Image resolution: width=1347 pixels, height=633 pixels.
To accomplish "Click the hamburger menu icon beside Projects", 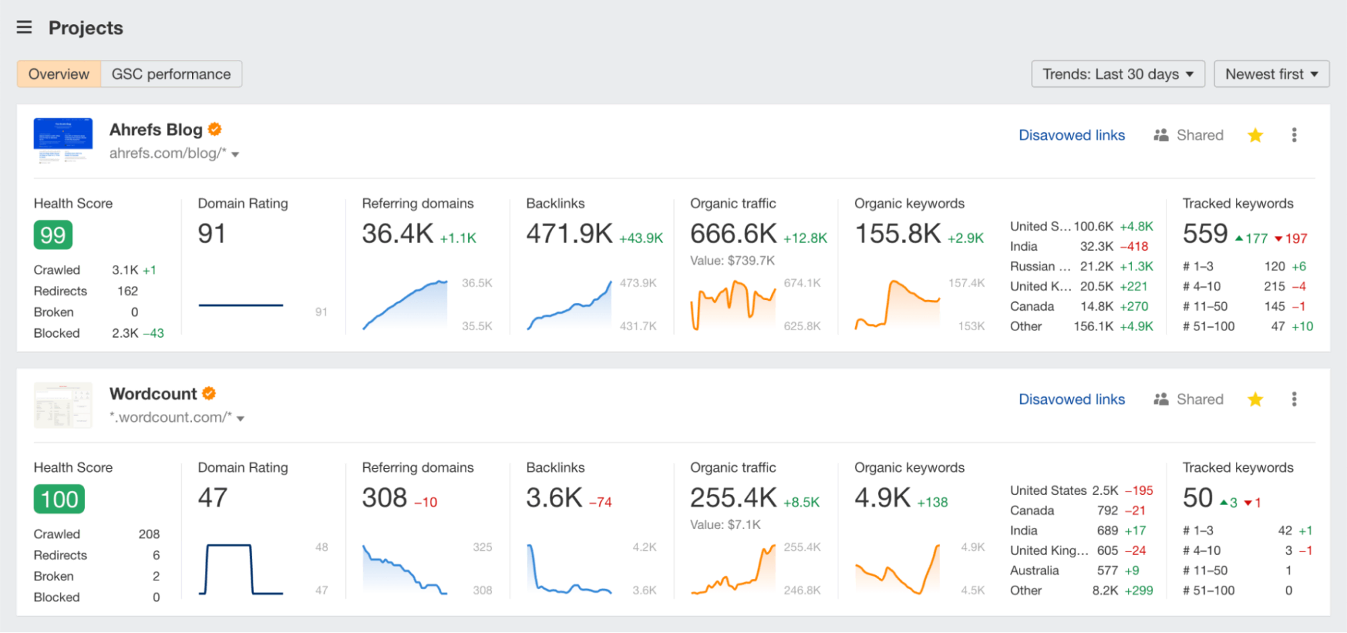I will (x=24, y=27).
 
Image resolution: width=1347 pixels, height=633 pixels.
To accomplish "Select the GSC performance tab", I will (x=171, y=74).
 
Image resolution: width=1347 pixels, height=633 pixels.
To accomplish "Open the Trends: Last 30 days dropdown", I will (x=1117, y=74).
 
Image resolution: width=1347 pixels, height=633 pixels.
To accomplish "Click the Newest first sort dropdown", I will (x=1271, y=74).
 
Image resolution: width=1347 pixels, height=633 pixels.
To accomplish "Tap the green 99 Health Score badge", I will (x=53, y=235).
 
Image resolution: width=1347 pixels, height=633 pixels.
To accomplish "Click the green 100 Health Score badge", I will (x=59, y=500).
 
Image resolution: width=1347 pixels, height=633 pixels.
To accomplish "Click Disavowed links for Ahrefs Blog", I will (x=1071, y=135).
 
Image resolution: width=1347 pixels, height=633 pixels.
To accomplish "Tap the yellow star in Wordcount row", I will (x=1255, y=400).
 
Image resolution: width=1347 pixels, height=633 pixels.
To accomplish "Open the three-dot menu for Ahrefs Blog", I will (x=1294, y=135).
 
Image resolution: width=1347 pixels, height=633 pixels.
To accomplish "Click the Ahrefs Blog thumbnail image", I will (x=63, y=140).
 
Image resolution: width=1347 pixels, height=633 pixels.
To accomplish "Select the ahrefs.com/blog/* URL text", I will (x=168, y=154).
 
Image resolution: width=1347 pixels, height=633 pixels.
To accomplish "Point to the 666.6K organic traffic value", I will (x=733, y=234).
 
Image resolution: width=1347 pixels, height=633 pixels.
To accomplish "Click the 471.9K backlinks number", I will (x=569, y=234).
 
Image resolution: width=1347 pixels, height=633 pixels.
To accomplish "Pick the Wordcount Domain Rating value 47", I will (x=212, y=498).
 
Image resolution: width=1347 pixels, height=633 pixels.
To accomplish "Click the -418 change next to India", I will (x=1133, y=247).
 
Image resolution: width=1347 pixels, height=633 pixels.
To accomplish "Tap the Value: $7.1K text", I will (x=725, y=524).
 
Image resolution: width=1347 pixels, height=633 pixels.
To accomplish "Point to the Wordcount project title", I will (x=153, y=394).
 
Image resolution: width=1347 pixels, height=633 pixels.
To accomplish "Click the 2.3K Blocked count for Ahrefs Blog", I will (x=125, y=333).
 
